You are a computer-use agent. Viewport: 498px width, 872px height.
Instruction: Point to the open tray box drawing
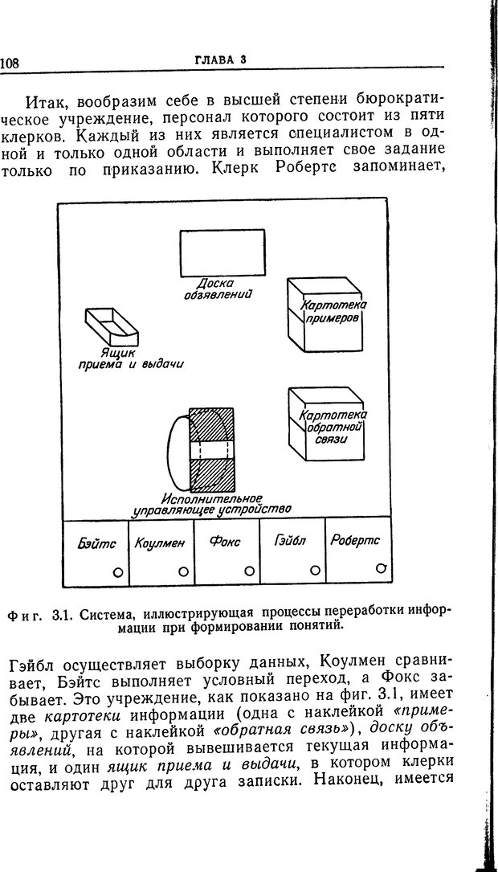(x=111, y=326)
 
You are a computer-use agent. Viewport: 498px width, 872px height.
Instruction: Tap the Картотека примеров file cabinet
(x=326, y=316)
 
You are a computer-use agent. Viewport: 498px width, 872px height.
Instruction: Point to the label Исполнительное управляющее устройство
(x=212, y=504)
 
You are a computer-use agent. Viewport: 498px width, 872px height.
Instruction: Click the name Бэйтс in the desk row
(x=96, y=543)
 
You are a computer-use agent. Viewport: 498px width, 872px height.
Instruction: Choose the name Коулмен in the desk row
(x=161, y=543)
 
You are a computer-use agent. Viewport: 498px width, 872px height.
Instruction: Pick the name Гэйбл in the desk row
(x=291, y=541)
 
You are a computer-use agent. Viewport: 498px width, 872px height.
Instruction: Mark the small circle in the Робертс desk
(x=379, y=568)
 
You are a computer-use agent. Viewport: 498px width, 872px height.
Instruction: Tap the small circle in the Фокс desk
(x=249, y=571)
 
